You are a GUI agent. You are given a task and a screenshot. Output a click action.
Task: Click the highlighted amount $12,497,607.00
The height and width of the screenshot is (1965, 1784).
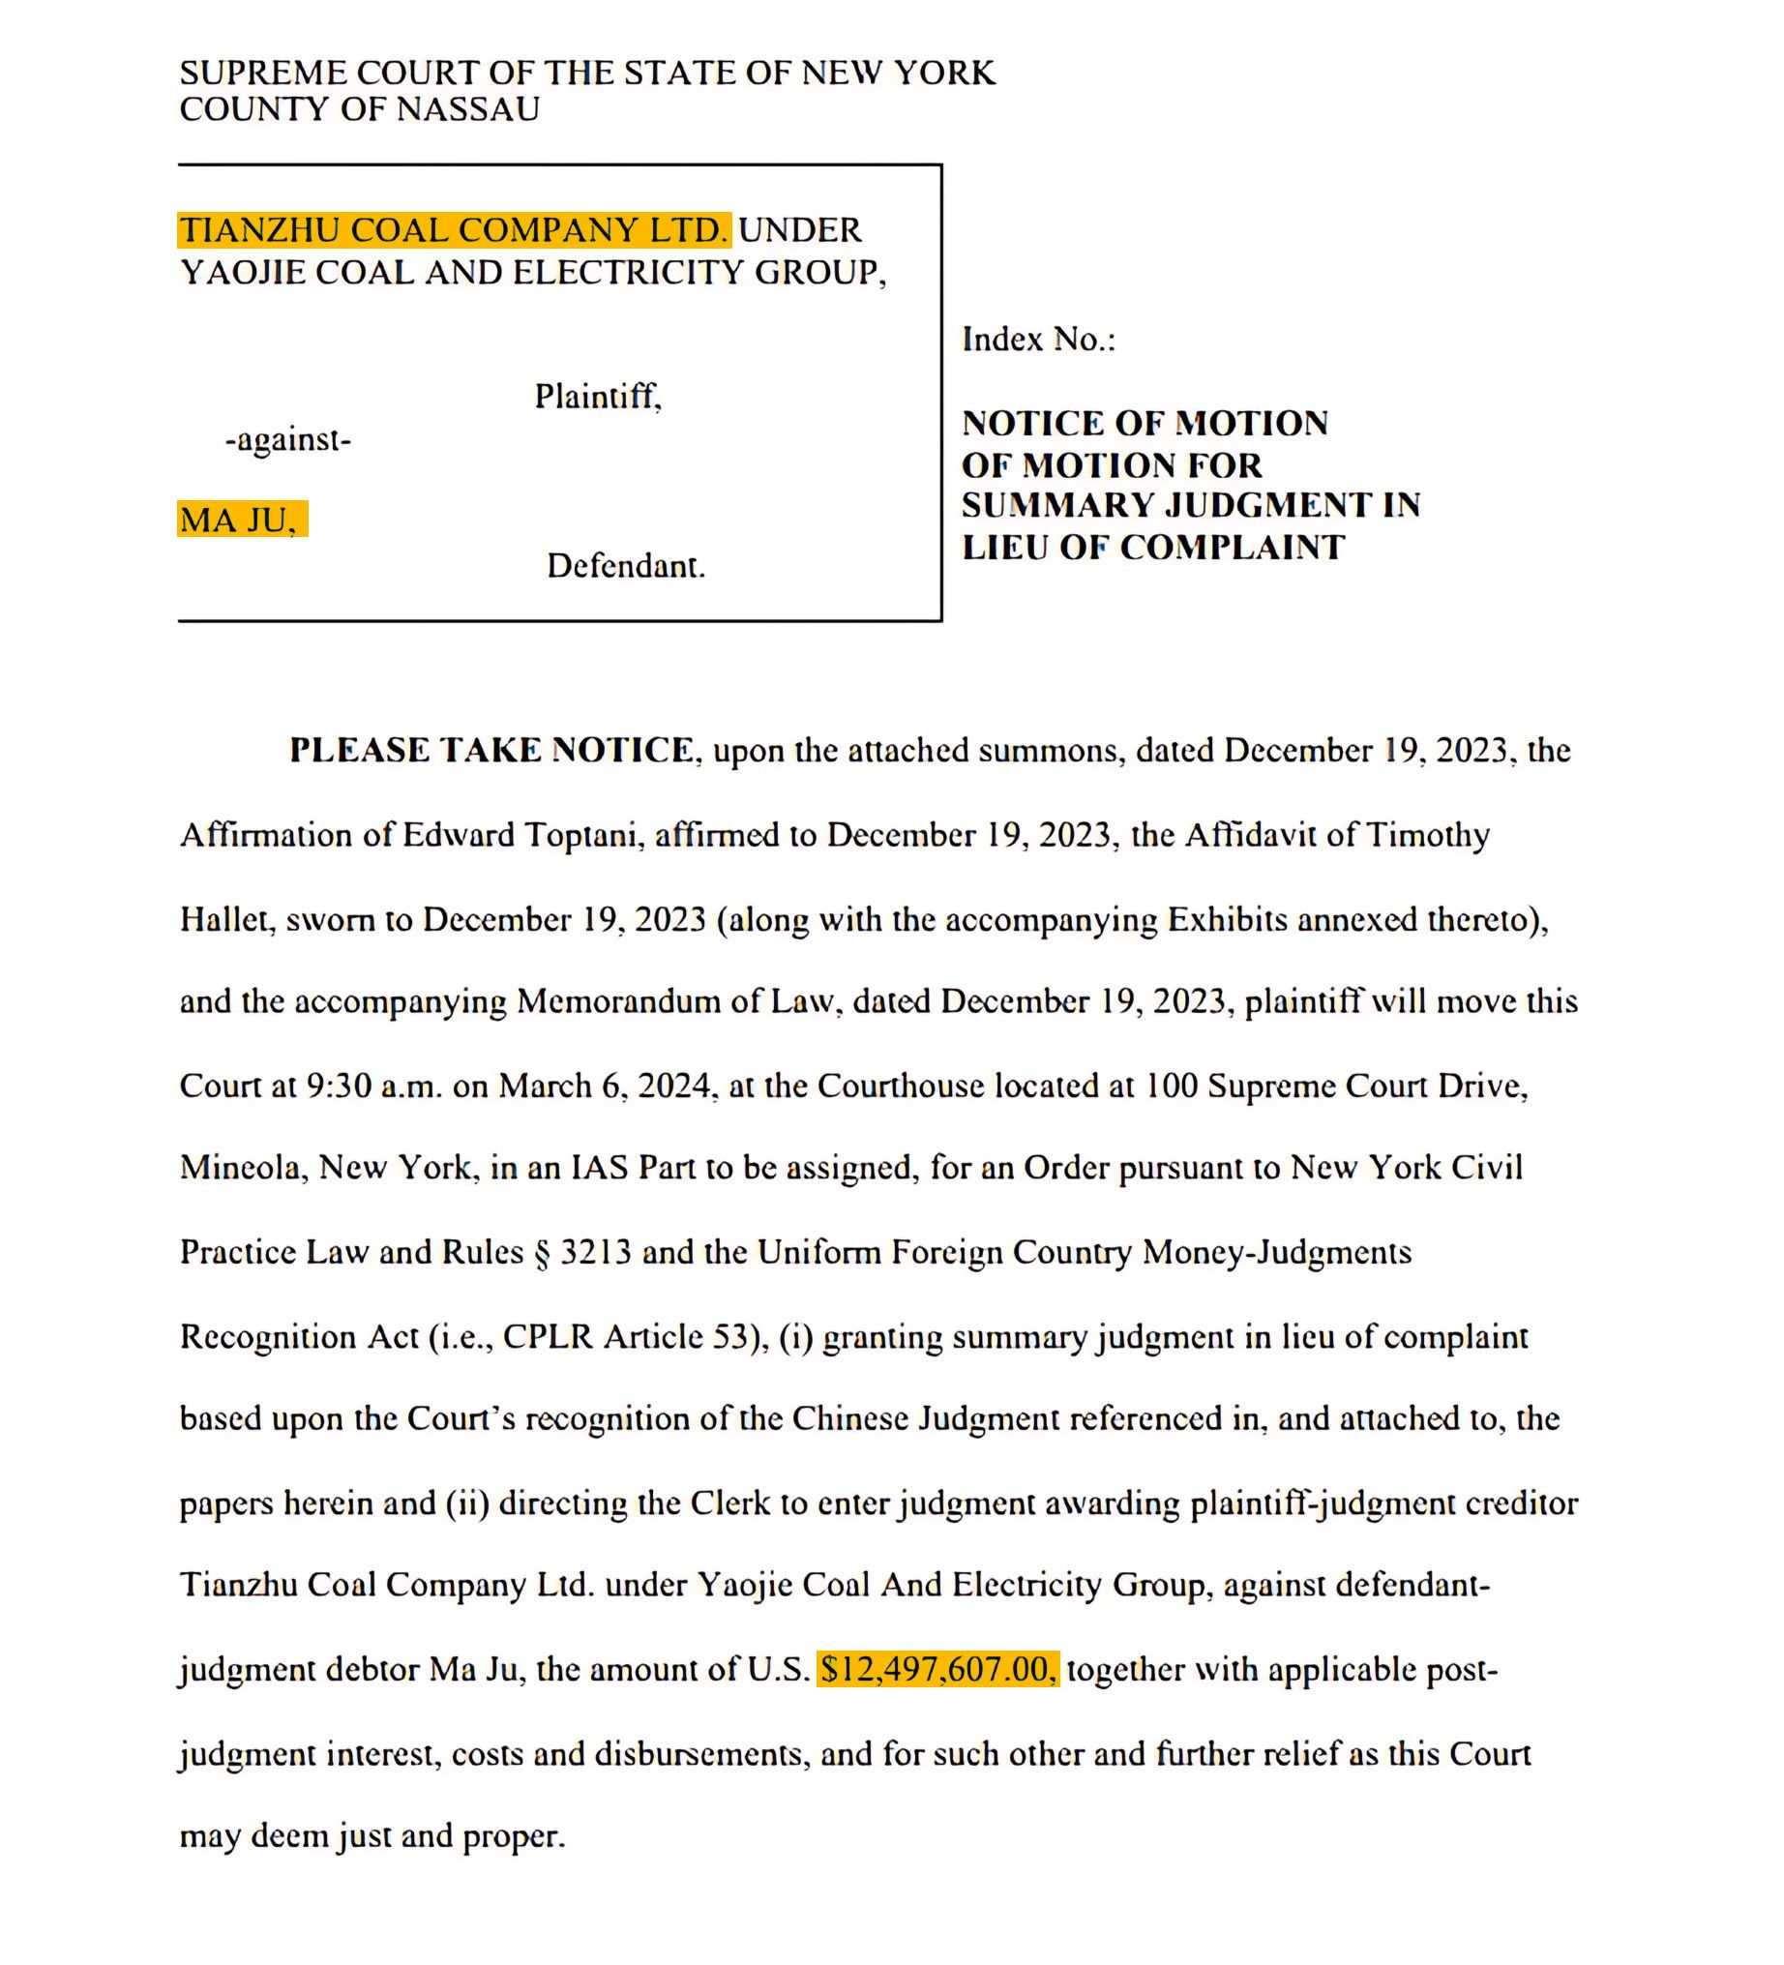937,1669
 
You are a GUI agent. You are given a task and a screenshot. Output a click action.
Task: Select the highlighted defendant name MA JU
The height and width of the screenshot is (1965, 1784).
240,520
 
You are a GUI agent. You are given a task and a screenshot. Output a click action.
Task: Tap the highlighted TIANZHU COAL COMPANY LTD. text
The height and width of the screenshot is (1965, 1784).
454,230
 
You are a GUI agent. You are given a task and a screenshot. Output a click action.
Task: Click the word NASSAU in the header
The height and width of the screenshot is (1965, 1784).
467,109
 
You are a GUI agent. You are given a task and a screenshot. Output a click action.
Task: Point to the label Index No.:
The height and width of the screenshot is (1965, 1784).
1038,340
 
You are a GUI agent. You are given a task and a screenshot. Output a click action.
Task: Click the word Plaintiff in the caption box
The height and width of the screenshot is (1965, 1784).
598,396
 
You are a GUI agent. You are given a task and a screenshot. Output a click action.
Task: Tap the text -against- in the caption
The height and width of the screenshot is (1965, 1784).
287,439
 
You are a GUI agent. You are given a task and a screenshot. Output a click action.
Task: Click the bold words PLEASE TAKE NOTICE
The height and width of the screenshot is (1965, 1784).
492,750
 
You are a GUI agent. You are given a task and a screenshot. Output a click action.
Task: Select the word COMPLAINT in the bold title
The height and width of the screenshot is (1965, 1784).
1233,548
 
